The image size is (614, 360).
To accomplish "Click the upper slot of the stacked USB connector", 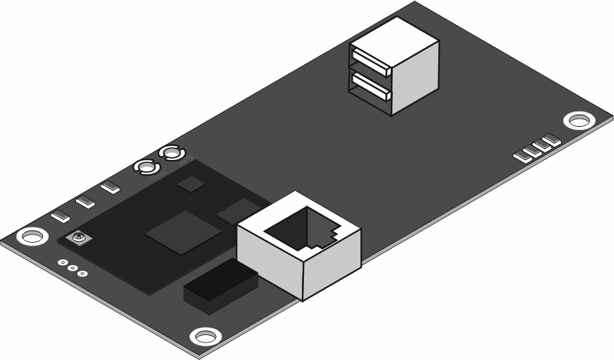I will tap(370, 60).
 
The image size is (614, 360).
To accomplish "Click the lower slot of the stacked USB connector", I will tap(370, 85).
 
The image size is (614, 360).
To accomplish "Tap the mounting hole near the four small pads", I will tap(579, 121).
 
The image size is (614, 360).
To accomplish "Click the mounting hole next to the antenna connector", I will tap(31, 237).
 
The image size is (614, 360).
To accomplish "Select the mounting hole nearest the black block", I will tap(204, 336).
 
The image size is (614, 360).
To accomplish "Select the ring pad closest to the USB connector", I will tap(170, 154).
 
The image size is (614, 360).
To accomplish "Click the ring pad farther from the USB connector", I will tap(146, 166).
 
